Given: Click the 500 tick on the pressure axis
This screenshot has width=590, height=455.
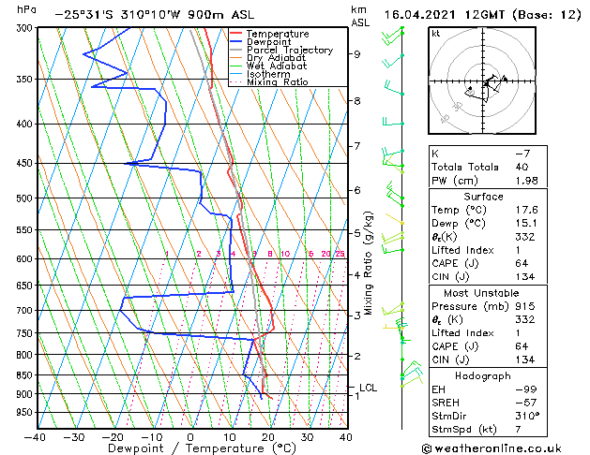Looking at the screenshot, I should point(23,198).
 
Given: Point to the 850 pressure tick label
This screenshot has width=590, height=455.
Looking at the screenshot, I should point(23,374).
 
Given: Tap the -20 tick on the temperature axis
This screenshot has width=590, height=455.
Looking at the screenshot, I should point(113,436).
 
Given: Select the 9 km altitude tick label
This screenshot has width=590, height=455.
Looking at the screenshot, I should point(357,53).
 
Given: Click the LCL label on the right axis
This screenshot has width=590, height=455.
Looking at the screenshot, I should point(368,387).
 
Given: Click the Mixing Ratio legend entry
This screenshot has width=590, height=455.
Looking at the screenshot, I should point(278,82).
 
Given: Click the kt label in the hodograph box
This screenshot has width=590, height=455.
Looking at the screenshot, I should point(436,34).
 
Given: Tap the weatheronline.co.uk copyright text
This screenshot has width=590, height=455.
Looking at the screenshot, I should point(504,448).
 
